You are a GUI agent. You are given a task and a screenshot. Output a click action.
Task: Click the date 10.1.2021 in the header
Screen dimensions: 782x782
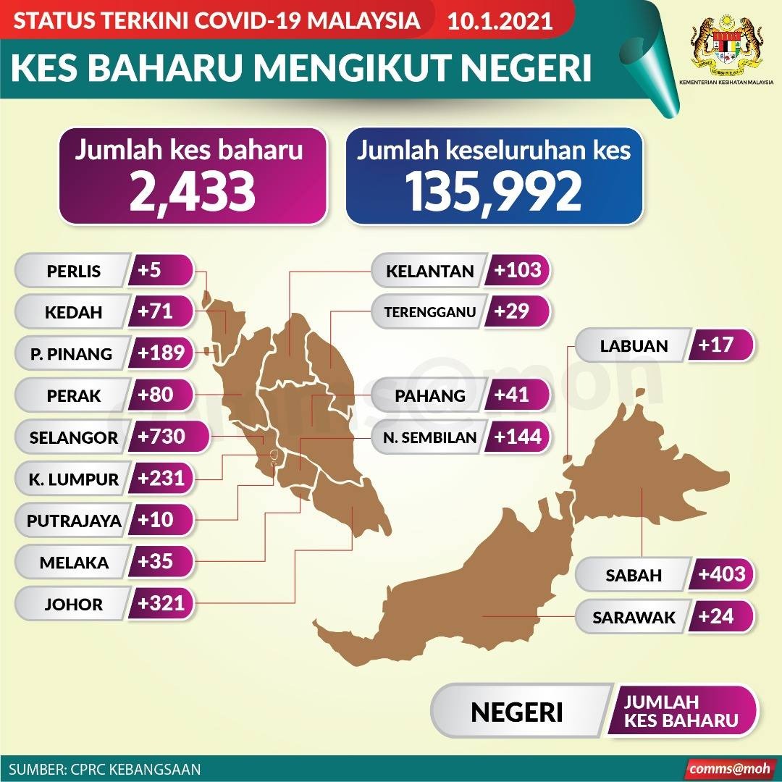point(500,20)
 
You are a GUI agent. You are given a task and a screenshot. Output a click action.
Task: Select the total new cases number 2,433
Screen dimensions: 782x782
point(193,191)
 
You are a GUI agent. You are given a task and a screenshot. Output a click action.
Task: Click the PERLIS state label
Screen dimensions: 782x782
point(73,272)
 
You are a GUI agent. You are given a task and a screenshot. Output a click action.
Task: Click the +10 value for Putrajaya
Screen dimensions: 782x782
point(154,520)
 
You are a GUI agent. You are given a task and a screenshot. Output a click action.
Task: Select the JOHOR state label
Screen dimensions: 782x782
point(73,604)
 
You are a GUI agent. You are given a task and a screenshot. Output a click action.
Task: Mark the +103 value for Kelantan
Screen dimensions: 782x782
point(517,271)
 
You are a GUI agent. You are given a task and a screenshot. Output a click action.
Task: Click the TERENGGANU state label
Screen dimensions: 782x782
point(430,313)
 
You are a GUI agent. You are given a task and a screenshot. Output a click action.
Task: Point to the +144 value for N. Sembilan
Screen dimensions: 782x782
point(517,437)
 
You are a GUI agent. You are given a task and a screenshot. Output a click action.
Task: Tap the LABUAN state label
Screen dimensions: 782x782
point(634,346)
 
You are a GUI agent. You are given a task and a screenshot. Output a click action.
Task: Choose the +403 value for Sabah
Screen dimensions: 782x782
point(722,574)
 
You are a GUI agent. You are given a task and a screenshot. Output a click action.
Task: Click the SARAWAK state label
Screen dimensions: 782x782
point(634,618)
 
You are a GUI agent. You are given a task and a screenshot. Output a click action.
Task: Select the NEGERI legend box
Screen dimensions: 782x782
point(517,712)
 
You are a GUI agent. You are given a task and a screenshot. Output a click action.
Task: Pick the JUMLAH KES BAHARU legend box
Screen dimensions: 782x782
point(681,711)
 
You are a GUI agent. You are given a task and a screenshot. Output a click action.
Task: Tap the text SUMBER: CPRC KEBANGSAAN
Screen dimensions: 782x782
point(106,768)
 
